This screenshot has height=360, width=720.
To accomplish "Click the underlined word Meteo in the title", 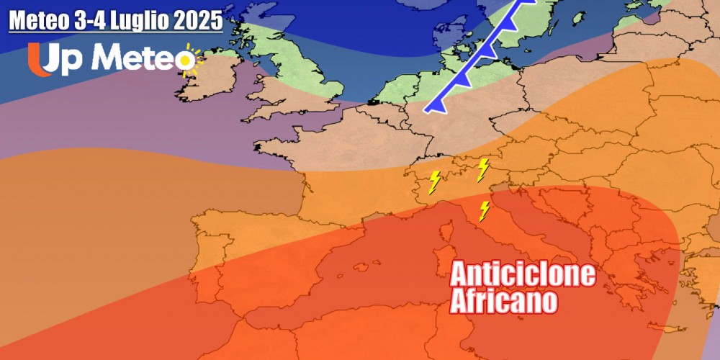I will tap(39, 21).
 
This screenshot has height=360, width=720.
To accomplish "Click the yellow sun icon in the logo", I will tap(190, 60).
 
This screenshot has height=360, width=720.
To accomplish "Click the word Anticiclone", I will tap(523, 274).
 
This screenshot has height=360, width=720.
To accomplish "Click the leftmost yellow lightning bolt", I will tap(434, 182).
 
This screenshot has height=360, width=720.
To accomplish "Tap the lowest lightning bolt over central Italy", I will tap(485, 211).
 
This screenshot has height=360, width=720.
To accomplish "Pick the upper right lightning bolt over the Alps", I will tap(482, 170).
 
